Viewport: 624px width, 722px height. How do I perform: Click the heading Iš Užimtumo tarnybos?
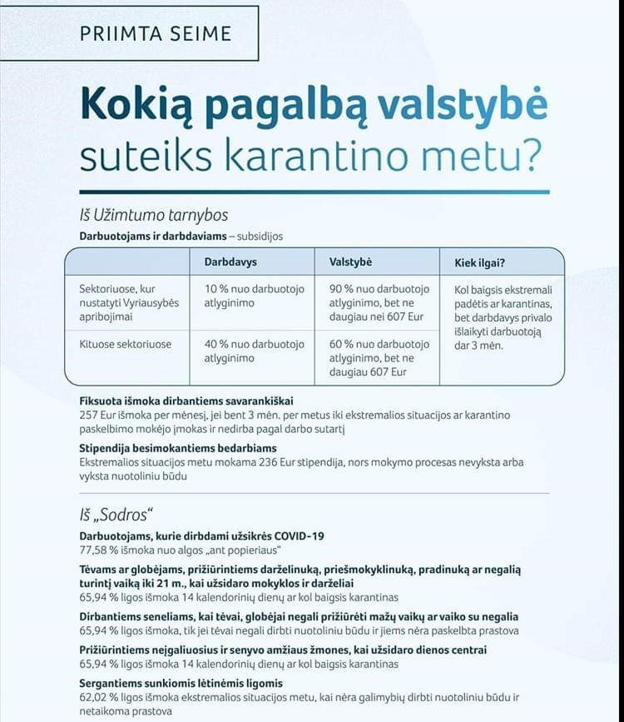coord(154,217)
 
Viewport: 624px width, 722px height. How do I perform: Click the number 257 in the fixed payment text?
coord(91,415)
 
